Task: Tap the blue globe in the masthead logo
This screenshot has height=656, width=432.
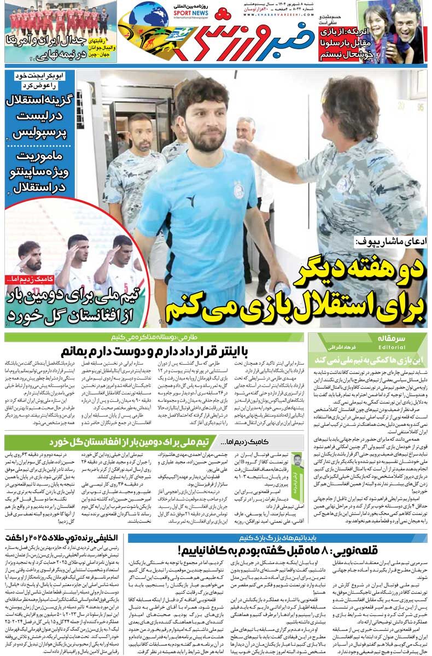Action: click(149, 15)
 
